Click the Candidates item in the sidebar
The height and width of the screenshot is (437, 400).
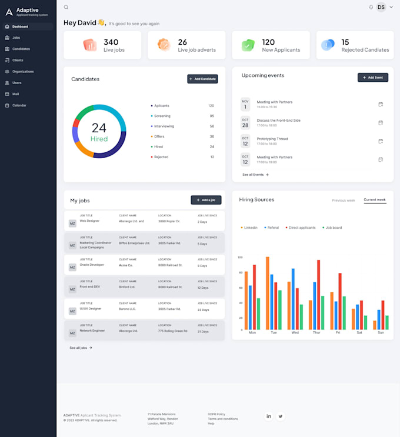click(x=21, y=49)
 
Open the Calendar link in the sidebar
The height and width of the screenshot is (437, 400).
click(x=19, y=105)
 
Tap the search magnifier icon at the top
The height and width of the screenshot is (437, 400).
click(x=66, y=7)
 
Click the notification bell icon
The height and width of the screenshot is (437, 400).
click(x=371, y=7)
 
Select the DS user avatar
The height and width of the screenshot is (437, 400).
click(x=381, y=7)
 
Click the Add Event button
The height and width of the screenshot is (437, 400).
click(x=373, y=77)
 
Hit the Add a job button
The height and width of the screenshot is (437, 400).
click(x=206, y=200)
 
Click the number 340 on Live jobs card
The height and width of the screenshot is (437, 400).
click(x=111, y=42)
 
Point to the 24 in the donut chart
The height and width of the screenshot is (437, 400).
click(x=99, y=128)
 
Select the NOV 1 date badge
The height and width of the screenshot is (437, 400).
click(x=245, y=104)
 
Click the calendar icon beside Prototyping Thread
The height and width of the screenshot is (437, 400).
click(x=381, y=141)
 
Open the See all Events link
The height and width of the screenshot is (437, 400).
click(x=255, y=175)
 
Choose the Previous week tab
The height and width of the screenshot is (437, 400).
click(x=343, y=201)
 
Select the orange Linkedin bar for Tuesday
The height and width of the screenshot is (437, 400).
click(x=268, y=293)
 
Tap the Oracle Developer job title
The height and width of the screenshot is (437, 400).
click(x=92, y=265)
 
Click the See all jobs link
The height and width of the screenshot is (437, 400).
click(x=81, y=348)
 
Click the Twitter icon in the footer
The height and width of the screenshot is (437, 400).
click(x=281, y=416)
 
